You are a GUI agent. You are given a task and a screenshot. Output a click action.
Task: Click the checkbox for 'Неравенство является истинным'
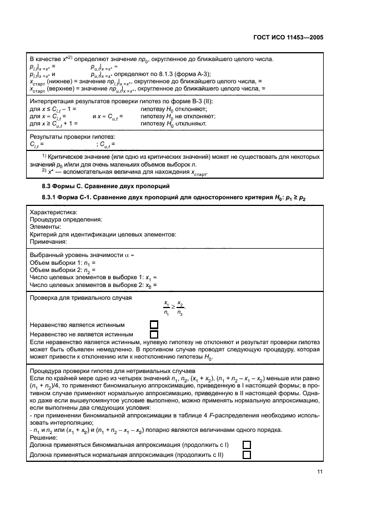click(154, 325)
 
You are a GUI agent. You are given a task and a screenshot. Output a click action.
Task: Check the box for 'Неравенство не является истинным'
click(154, 334)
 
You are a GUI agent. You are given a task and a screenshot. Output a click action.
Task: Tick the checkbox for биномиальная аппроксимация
click(247, 445)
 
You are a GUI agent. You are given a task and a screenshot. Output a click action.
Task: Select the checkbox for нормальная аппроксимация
click(247, 455)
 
